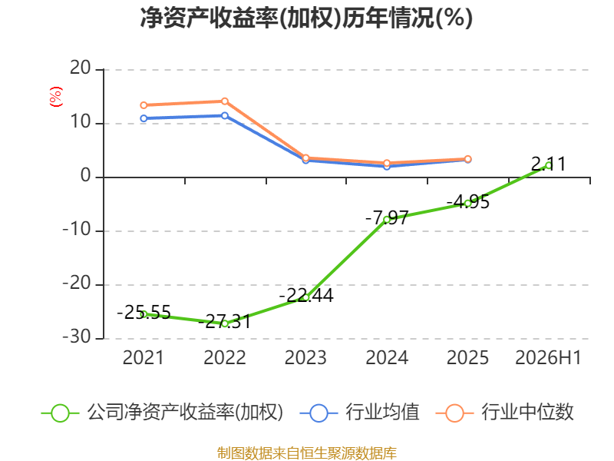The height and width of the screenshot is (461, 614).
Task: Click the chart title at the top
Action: [x=306, y=18]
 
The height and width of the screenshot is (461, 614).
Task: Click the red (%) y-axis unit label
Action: [x=55, y=97]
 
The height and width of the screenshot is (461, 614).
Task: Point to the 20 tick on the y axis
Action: [x=81, y=68]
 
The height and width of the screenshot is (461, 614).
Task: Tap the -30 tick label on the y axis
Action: [x=77, y=337]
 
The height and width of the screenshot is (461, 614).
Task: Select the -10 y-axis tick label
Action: [x=77, y=230]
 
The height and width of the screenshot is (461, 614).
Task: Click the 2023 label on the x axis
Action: [x=305, y=358]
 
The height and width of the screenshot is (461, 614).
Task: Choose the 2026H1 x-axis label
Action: [x=548, y=358]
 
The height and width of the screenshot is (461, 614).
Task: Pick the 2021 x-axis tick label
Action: [x=144, y=358]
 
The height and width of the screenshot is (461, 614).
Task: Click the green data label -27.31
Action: [x=225, y=321]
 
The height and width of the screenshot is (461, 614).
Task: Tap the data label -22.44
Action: [x=306, y=296]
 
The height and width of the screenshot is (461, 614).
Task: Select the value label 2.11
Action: [x=549, y=164]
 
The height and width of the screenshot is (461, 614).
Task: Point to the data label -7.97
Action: [x=387, y=217]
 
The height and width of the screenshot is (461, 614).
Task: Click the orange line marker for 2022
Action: [x=225, y=101]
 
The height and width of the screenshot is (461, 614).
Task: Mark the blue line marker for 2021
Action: [x=144, y=118]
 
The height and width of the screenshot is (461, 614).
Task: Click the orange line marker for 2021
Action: [x=144, y=105]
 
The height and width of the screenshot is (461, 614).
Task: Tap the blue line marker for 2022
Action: [x=225, y=116]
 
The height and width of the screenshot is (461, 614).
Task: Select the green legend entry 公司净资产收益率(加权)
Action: [x=162, y=413]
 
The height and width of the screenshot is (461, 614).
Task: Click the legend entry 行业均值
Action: [x=359, y=413]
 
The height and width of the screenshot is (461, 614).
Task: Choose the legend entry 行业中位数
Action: [x=505, y=413]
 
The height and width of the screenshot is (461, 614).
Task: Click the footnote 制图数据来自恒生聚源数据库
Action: [x=307, y=453]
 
